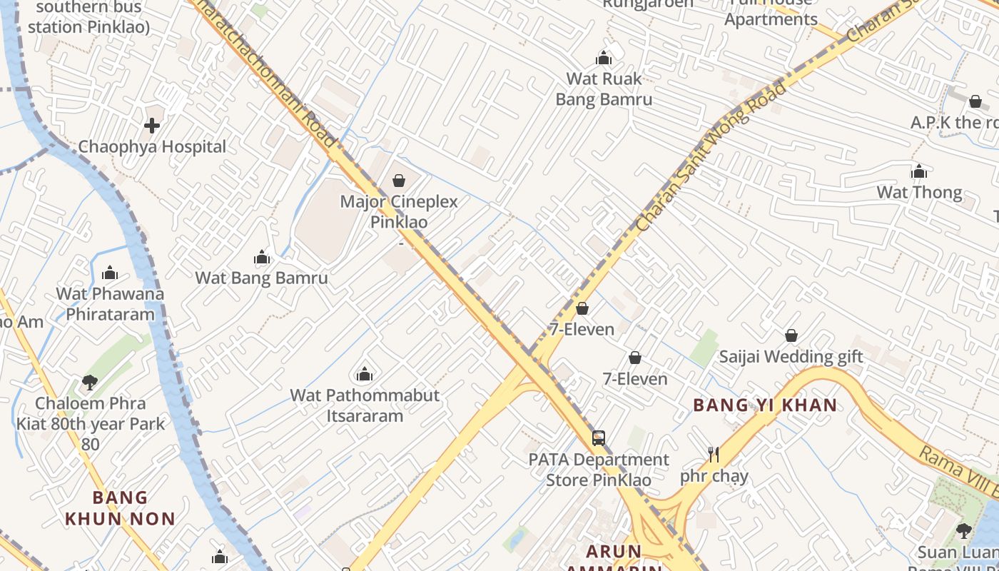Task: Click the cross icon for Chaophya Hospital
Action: click(151, 126)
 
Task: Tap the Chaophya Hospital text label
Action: click(152, 147)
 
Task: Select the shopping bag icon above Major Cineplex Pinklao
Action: click(399, 181)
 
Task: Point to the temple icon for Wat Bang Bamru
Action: click(262, 257)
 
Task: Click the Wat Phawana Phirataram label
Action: click(110, 304)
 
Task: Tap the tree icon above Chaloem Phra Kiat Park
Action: click(89, 383)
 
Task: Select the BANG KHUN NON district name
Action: click(120, 507)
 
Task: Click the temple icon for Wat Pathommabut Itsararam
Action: click(365, 374)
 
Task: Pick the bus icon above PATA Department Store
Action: click(598, 438)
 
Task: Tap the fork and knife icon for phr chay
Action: click(713, 454)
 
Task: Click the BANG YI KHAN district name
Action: click(765, 405)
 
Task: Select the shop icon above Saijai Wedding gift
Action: click(791, 335)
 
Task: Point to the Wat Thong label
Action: click(919, 192)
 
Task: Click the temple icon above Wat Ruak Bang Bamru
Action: click(604, 58)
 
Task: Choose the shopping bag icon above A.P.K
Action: click(975, 101)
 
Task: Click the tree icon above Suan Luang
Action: click(963, 530)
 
